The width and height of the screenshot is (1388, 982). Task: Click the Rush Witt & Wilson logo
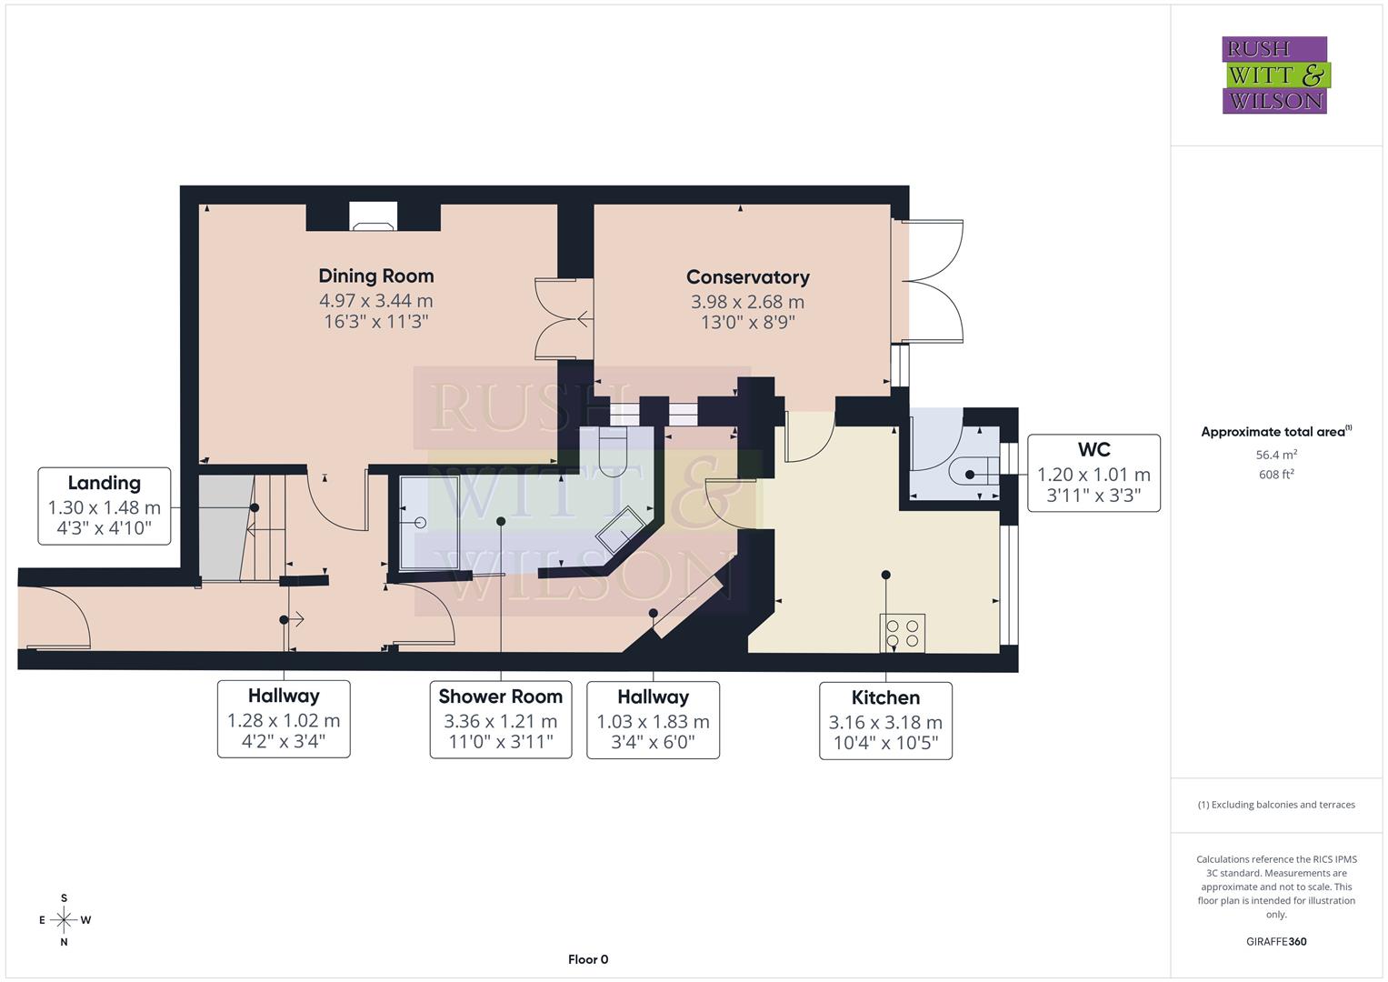(x=1274, y=75)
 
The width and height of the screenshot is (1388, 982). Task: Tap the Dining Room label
(x=375, y=276)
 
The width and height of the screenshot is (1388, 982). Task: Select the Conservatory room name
(x=747, y=277)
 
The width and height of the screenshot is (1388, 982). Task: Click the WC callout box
(x=1093, y=473)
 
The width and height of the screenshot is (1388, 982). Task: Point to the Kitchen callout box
(x=885, y=721)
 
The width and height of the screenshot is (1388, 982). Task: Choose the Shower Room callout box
(x=500, y=720)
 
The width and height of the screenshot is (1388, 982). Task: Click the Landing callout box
(x=105, y=506)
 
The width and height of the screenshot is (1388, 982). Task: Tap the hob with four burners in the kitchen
(x=902, y=633)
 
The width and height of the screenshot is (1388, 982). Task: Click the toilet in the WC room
(x=969, y=474)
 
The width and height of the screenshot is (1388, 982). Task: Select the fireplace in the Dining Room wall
(x=374, y=216)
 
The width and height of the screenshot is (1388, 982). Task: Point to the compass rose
(x=64, y=920)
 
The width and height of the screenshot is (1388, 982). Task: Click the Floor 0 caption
(x=588, y=959)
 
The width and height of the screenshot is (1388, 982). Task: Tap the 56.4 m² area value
(x=1276, y=455)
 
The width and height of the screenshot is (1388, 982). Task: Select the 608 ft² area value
(x=1276, y=475)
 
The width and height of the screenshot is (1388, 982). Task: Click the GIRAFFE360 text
(x=1276, y=941)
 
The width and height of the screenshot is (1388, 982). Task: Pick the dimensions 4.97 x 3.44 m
(x=375, y=301)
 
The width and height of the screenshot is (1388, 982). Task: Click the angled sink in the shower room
(x=620, y=528)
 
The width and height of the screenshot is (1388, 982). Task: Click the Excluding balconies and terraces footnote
(x=1276, y=805)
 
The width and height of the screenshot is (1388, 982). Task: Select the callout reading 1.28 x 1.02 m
(x=284, y=720)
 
